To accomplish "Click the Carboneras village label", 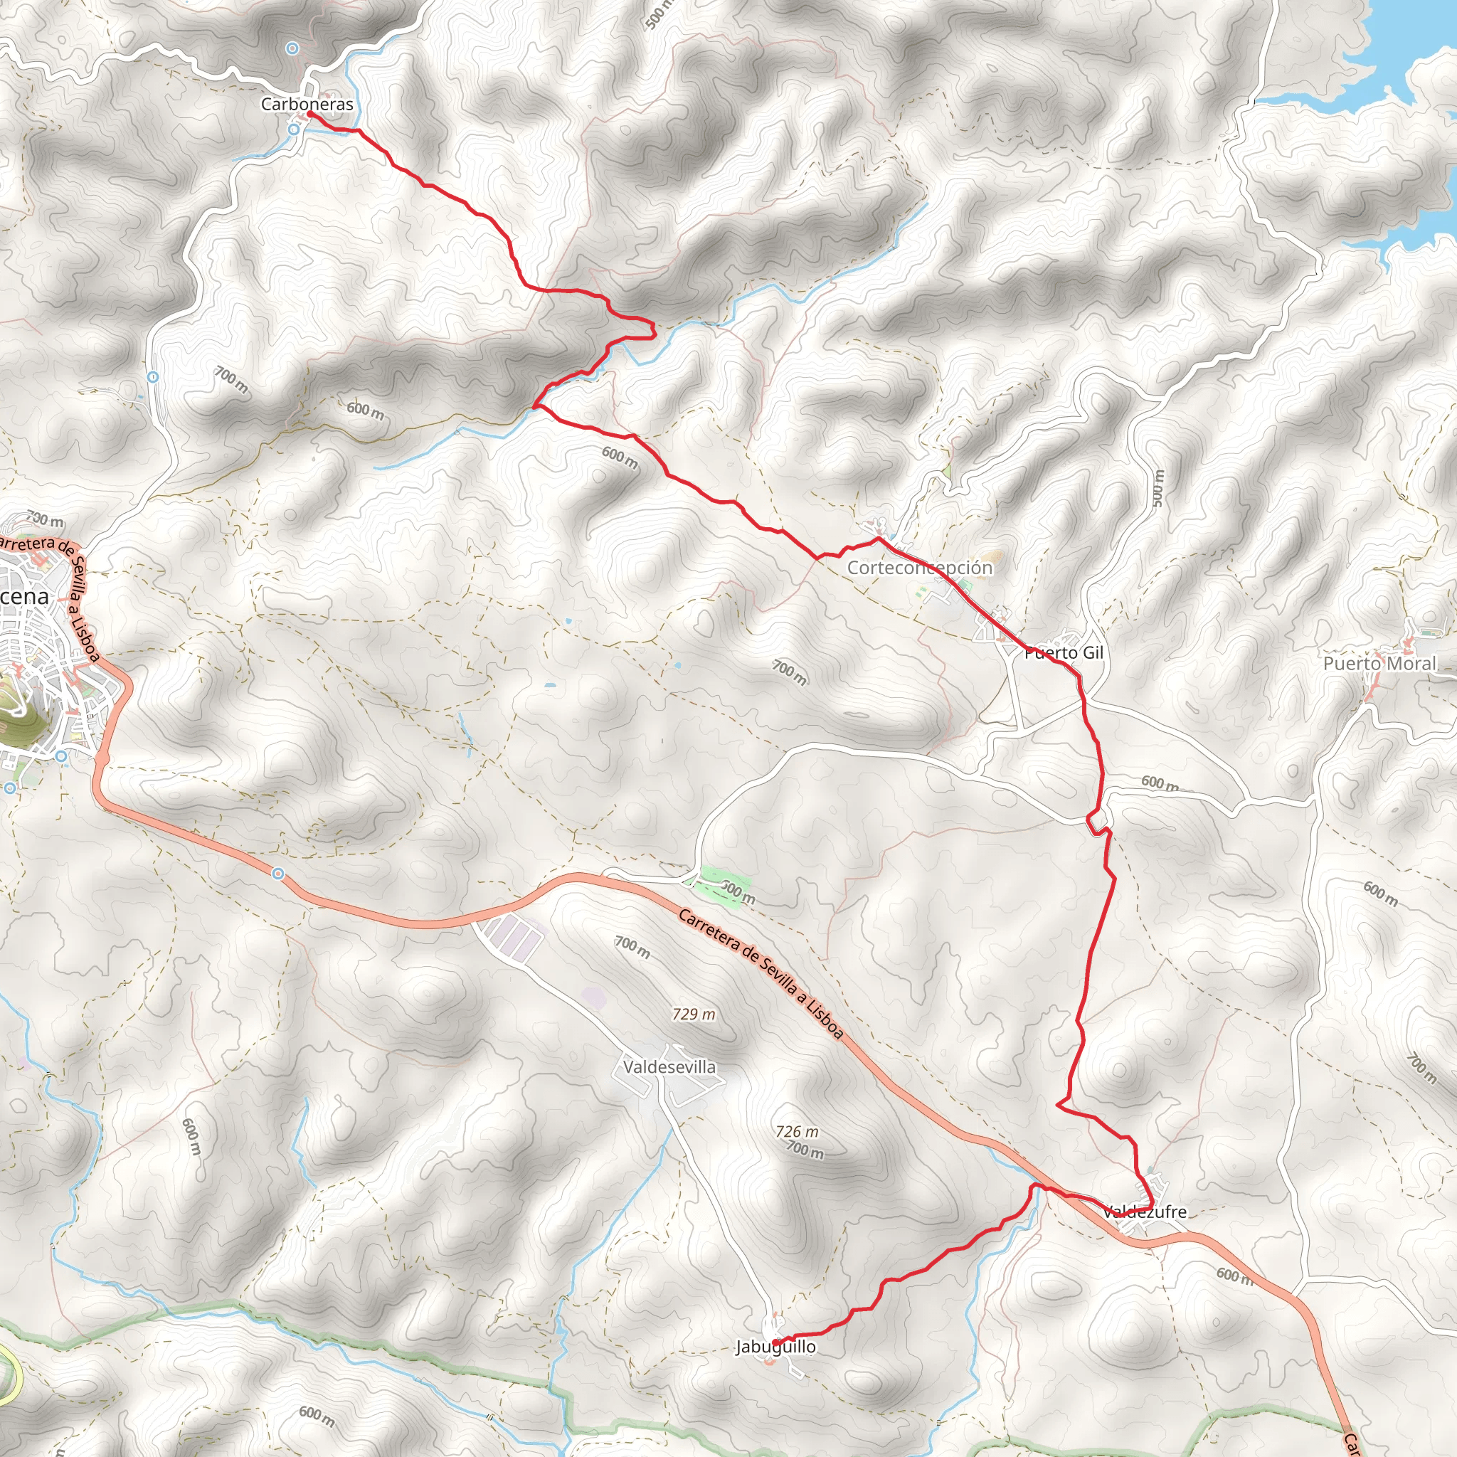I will click(x=307, y=104).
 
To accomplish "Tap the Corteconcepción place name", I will click(x=919, y=567).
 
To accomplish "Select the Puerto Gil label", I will click(x=1064, y=653).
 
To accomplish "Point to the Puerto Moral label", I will click(x=1380, y=664).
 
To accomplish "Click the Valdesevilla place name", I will click(x=669, y=1067).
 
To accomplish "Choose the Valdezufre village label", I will click(x=1144, y=1212).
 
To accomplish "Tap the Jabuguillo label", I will click(x=776, y=1347).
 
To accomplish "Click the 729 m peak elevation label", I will click(x=694, y=1014).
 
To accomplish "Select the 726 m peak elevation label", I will click(x=797, y=1131).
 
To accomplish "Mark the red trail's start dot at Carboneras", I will click(x=310, y=114).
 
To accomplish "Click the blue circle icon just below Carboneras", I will click(x=294, y=129).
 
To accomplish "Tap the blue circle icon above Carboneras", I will click(x=292, y=48).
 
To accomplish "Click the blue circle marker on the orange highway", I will click(x=278, y=874).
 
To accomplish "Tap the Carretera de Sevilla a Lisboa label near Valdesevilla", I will click(x=761, y=975).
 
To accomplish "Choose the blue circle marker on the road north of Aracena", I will click(x=153, y=376).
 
